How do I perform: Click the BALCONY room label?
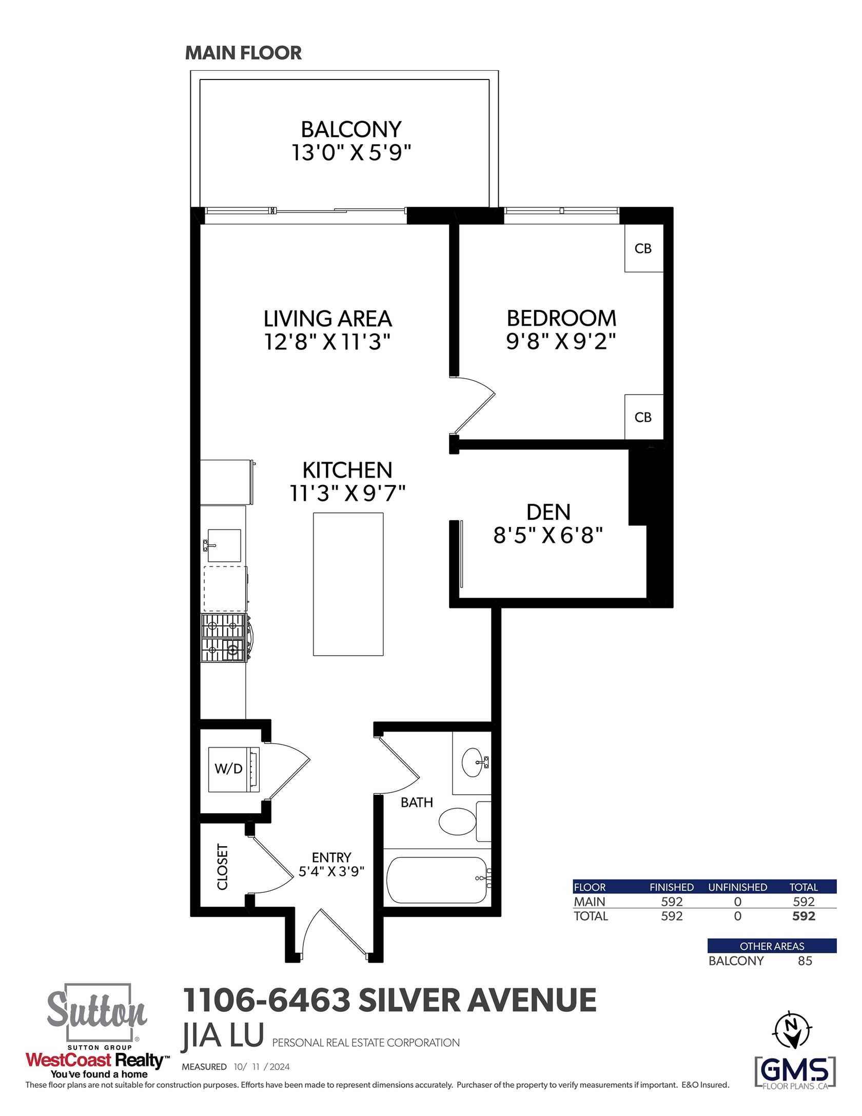pos(351,129)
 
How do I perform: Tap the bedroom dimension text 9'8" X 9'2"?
pos(561,341)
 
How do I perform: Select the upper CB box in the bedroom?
pos(643,248)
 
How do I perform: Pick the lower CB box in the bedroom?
pos(643,417)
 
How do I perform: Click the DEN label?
pos(548,512)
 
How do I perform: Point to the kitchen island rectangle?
pos(348,584)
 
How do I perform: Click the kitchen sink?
pos(224,545)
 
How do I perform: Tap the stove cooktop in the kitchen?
pos(224,638)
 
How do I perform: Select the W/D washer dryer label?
pos(228,768)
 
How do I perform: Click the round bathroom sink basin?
pos(473,763)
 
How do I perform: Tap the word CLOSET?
pos(222,867)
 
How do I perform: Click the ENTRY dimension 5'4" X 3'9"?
pos(331,871)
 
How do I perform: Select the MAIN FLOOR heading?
pos(243,53)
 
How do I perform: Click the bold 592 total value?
pos(804,916)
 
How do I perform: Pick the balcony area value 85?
pos(805,961)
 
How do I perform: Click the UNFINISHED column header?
pos(738,887)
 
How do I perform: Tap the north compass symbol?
pos(792,1030)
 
